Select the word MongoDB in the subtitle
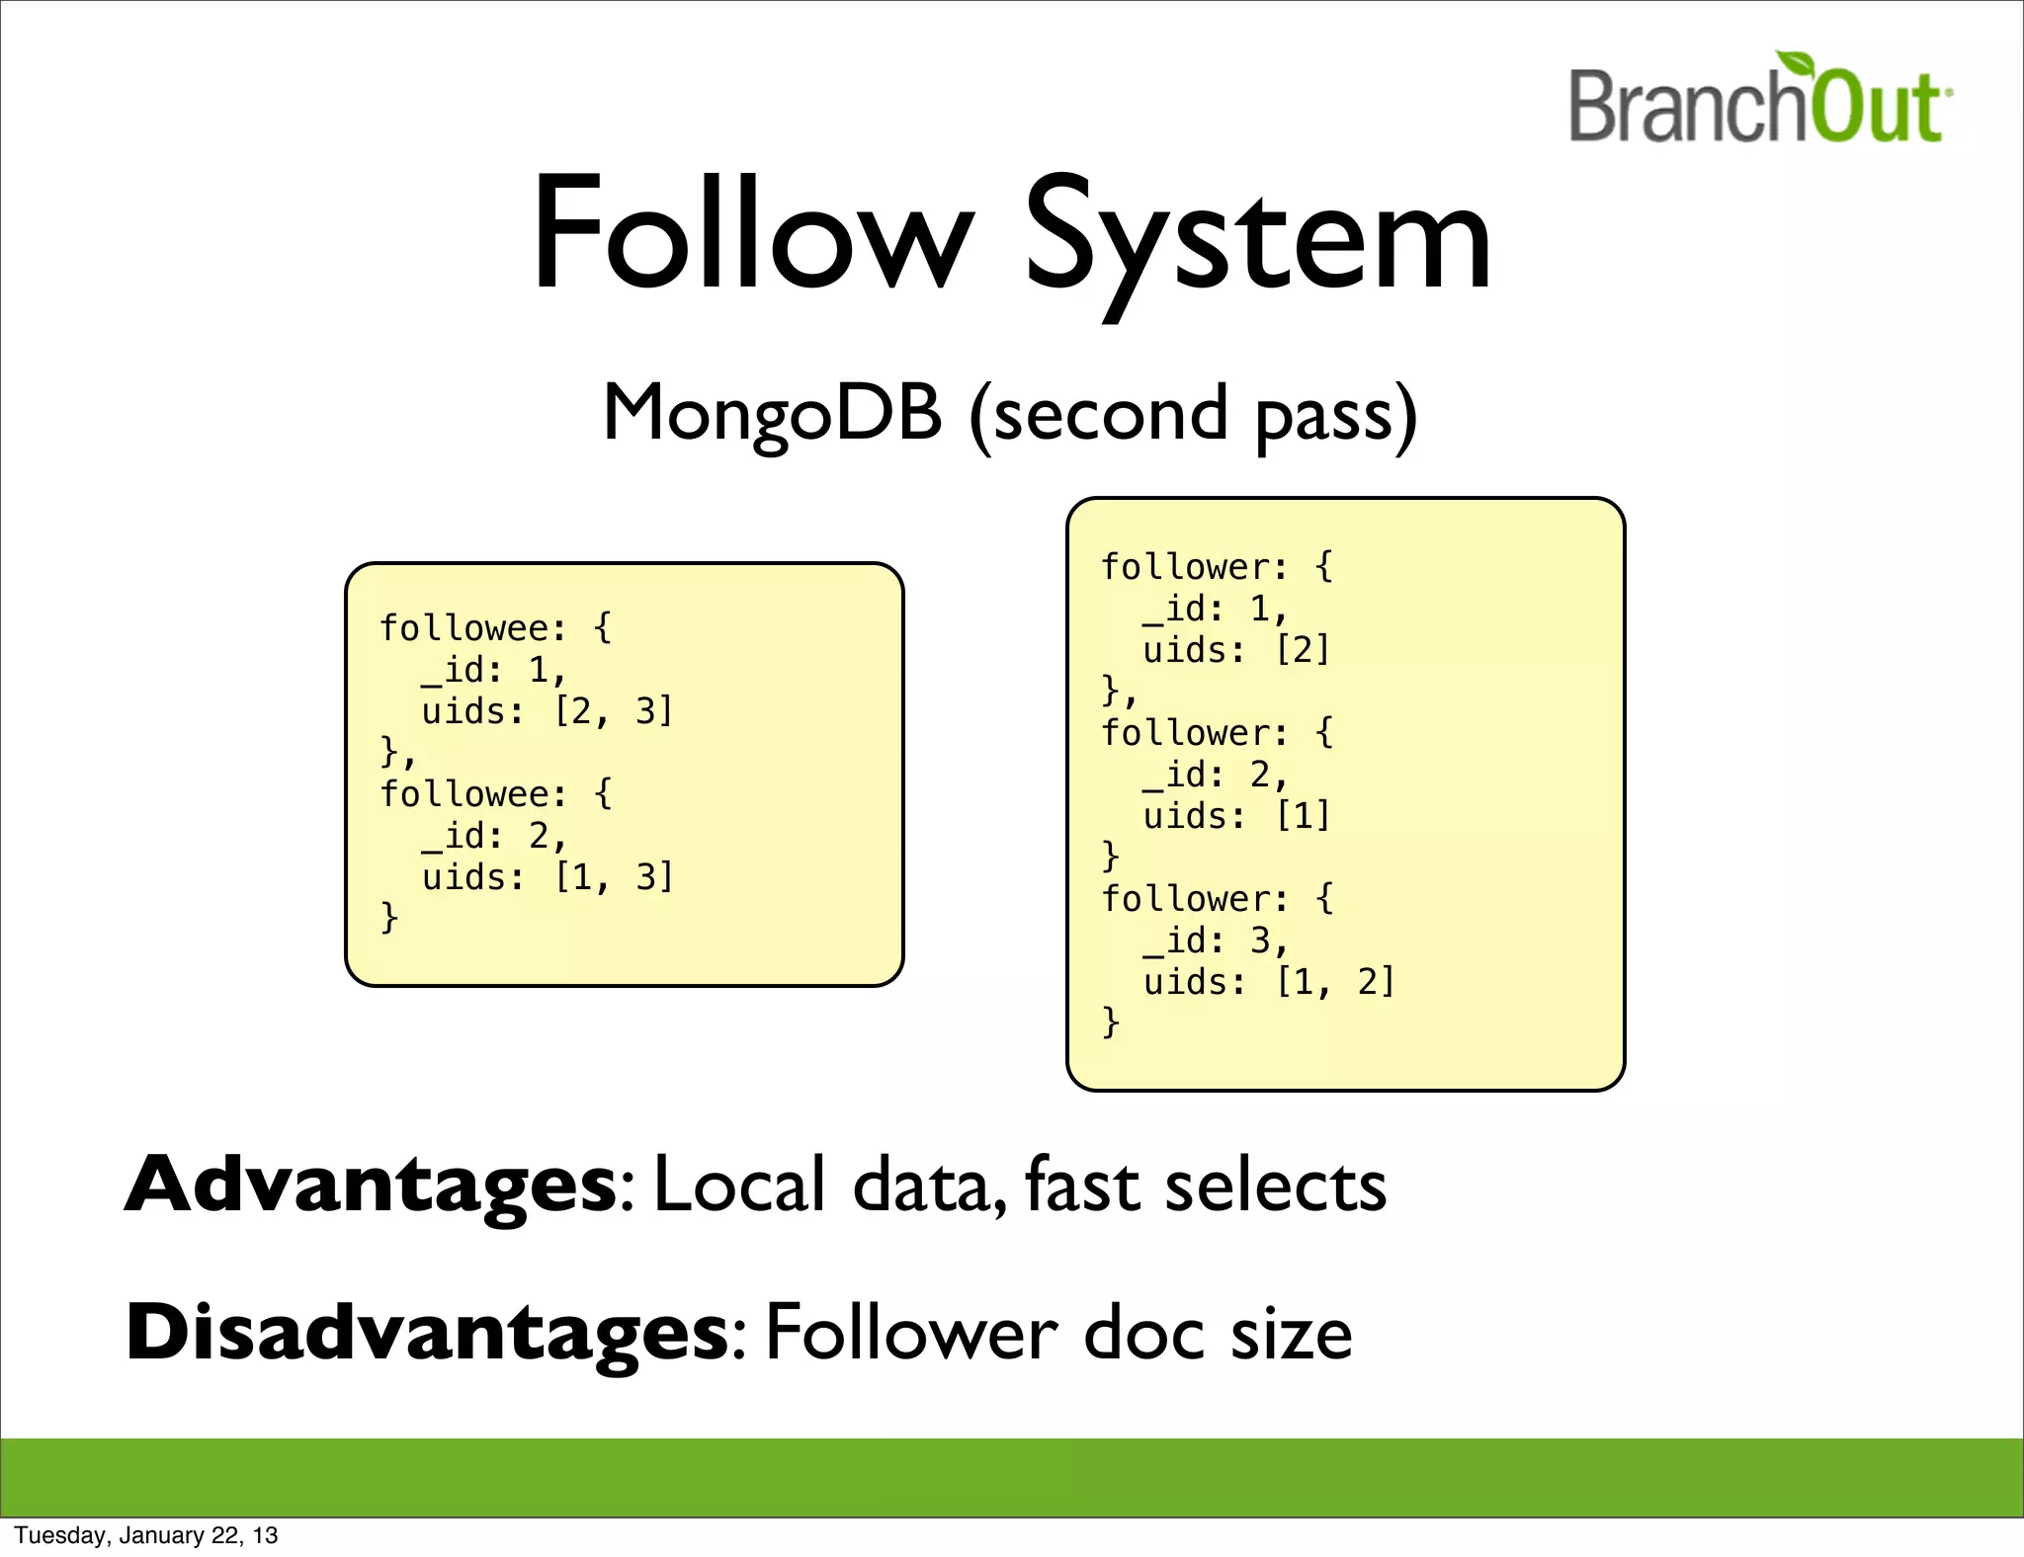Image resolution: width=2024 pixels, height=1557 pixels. click(x=772, y=413)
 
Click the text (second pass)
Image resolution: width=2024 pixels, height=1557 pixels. click(x=1193, y=415)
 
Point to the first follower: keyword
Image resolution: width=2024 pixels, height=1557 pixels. click(x=1195, y=567)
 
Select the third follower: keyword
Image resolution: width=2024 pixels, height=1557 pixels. click(x=1195, y=899)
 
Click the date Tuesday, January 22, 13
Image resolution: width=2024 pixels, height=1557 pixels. click(x=146, y=1535)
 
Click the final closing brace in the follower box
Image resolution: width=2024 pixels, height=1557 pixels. click(x=1111, y=1023)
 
